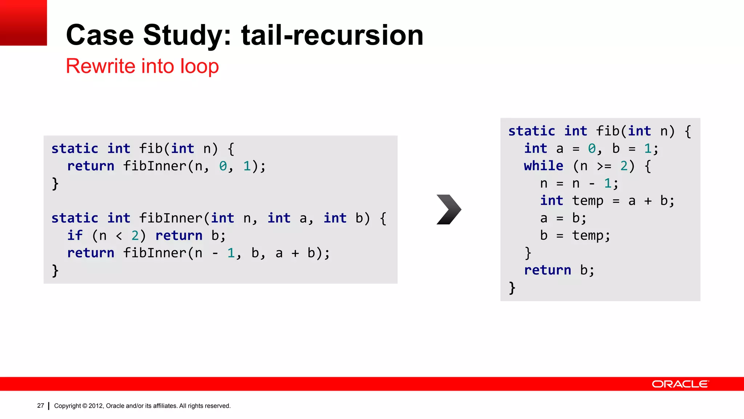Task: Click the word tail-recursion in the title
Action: (x=332, y=35)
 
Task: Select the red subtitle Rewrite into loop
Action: (x=142, y=66)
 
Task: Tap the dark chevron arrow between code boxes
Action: (x=449, y=209)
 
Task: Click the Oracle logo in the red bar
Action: (x=680, y=384)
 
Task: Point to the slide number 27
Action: (x=40, y=406)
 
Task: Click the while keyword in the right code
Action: (x=543, y=166)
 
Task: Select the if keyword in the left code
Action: (x=75, y=235)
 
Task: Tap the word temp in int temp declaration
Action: (x=587, y=201)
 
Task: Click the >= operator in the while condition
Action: (x=604, y=166)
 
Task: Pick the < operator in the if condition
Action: (x=119, y=236)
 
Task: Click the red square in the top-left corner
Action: (x=23, y=23)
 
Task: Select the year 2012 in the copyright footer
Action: (x=96, y=406)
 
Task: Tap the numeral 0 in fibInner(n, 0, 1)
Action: (x=223, y=166)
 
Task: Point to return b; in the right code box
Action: (x=559, y=270)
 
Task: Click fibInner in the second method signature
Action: (x=171, y=218)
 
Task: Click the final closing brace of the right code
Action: (x=512, y=288)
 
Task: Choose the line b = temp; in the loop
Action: (x=575, y=235)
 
